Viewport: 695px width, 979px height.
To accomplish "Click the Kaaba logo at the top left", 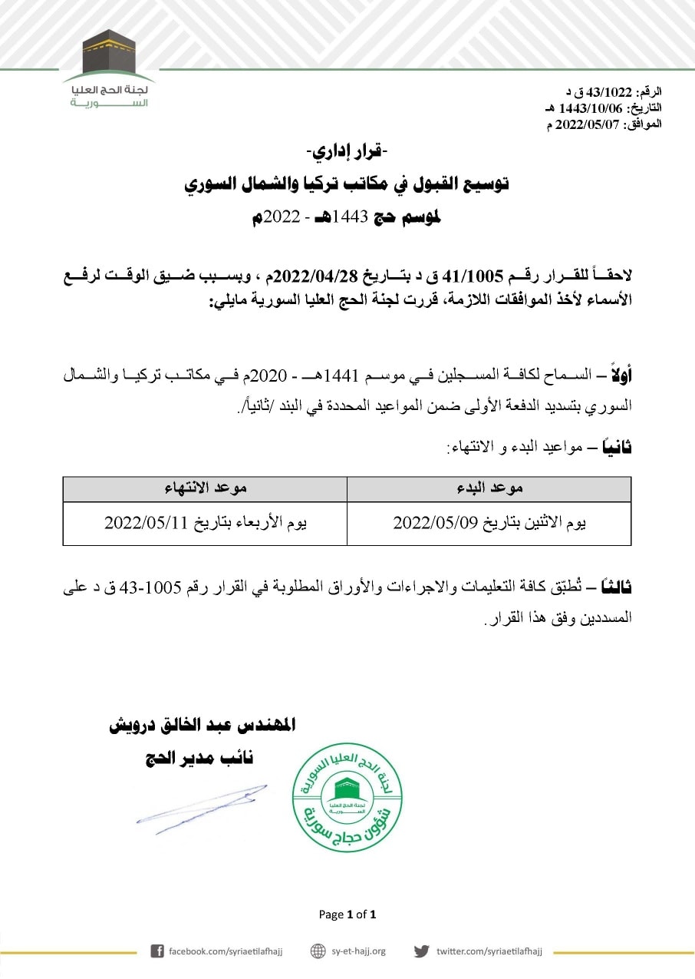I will click(108, 55).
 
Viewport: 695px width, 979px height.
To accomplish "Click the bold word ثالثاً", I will click(617, 588).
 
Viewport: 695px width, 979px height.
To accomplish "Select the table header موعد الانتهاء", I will click(206, 488).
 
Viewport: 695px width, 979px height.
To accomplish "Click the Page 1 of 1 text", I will click(347, 915).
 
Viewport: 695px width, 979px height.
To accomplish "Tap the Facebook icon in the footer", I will click(157, 951).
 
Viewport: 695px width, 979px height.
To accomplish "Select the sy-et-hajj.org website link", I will click(358, 951).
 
